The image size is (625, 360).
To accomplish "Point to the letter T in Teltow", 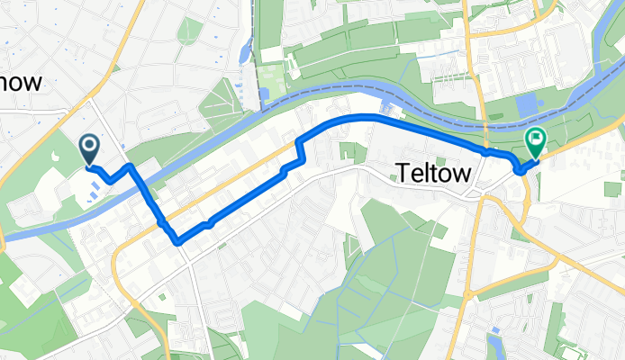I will [402, 174].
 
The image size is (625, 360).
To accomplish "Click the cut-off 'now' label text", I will [22, 83].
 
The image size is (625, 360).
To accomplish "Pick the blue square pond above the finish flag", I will [528, 106].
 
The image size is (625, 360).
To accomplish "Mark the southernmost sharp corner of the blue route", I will [177, 240].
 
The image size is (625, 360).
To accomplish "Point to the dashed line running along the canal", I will [360, 85].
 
